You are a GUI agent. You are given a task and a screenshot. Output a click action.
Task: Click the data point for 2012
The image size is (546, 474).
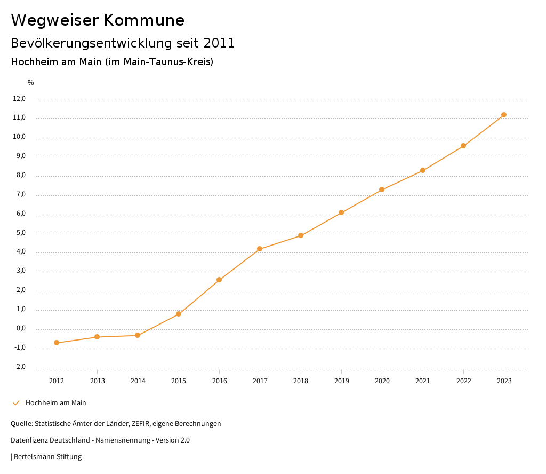(57, 343)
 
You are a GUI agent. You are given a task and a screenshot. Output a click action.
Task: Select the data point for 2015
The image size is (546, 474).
(179, 314)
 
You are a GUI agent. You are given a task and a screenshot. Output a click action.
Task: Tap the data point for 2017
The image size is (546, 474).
(260, 249)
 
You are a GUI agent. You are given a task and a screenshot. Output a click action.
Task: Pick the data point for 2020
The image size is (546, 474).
(382, 189)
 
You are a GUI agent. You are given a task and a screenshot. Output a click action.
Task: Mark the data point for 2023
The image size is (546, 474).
(504, 115)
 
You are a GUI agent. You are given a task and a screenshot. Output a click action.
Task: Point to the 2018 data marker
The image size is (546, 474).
(301, 235)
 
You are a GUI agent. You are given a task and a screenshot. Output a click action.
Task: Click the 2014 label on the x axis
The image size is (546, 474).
(138, 381)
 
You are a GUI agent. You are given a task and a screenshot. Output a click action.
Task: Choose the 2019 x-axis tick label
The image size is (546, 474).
(341, 381)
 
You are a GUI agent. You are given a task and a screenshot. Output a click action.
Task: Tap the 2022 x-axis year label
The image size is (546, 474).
(463, 381)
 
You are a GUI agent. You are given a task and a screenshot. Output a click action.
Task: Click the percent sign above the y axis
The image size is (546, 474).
(31, 83)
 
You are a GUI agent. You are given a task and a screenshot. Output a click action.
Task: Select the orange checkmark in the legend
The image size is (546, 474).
(16, 403)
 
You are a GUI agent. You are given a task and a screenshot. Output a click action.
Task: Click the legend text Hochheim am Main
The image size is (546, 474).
(55, 403)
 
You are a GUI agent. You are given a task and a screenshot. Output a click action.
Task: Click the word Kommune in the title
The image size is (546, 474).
(144, 20)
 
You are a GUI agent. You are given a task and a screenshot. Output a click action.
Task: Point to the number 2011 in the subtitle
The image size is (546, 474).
(219, 43)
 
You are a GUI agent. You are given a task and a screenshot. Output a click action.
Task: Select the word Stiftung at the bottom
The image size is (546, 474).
(69, 457)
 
